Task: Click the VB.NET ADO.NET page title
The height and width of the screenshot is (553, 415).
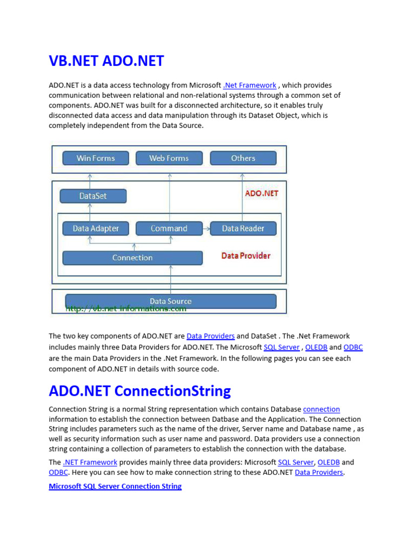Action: point(106,61)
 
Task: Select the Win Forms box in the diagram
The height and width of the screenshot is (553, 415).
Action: point(95,158)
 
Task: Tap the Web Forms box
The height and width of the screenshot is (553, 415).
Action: point(169,158)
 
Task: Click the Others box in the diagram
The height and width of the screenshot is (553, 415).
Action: point(243,158)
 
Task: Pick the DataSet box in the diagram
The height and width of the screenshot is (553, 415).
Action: point(93,196)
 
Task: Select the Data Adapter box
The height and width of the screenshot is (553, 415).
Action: point(96,228)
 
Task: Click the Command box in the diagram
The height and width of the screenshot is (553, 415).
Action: point(169,228)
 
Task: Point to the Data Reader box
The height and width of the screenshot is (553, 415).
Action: point(243,228)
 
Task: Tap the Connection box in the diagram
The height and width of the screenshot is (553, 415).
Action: point(132,258)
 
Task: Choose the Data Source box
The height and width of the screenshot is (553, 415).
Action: point(170,301)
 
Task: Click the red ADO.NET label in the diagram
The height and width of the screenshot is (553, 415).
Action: point(262,193)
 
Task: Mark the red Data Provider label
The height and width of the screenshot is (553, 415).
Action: point(246,255)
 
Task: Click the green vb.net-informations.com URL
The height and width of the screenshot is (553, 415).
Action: point(126,309)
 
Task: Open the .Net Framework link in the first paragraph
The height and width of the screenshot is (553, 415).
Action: point(250,85)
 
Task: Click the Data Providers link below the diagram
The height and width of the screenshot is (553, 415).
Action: point(210,336)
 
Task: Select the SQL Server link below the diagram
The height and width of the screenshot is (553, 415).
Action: point(281,347)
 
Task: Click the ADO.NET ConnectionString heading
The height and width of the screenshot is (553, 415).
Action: point(139,390)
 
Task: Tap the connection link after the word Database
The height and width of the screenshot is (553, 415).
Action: point(322,409)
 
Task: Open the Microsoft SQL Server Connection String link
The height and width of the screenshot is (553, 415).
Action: point(115,486)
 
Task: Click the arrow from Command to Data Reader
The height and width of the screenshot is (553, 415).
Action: point(206,228)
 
